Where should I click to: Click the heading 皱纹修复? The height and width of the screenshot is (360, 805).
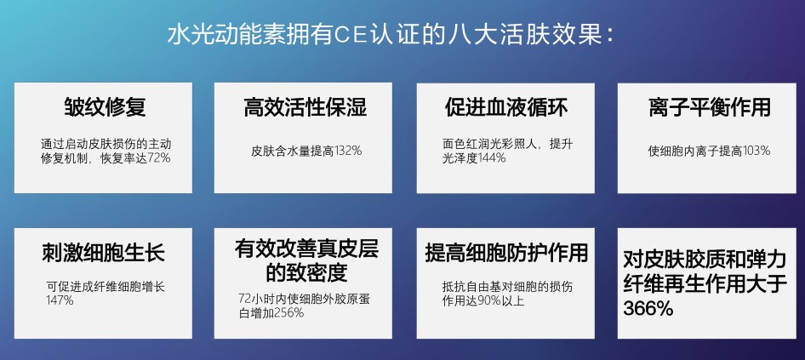click(105, 107)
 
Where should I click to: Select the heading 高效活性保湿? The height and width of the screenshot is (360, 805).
click(305, 107)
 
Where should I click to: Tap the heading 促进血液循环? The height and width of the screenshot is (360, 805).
click(506, 107)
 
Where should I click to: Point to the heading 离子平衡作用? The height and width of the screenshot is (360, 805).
click(710, 107)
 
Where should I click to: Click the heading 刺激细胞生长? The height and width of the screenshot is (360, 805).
click(103, 253)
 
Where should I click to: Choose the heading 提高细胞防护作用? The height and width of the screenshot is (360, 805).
click(506, 253)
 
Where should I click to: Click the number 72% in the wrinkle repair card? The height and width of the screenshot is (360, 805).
click(158, 158)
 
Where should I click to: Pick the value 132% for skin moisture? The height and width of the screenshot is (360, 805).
click(349, 151)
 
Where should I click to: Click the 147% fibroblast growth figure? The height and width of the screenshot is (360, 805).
click(60, 300)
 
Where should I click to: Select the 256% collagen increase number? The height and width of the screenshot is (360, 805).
click(289, 312)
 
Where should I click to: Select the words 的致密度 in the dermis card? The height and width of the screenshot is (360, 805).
click(306, 272)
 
